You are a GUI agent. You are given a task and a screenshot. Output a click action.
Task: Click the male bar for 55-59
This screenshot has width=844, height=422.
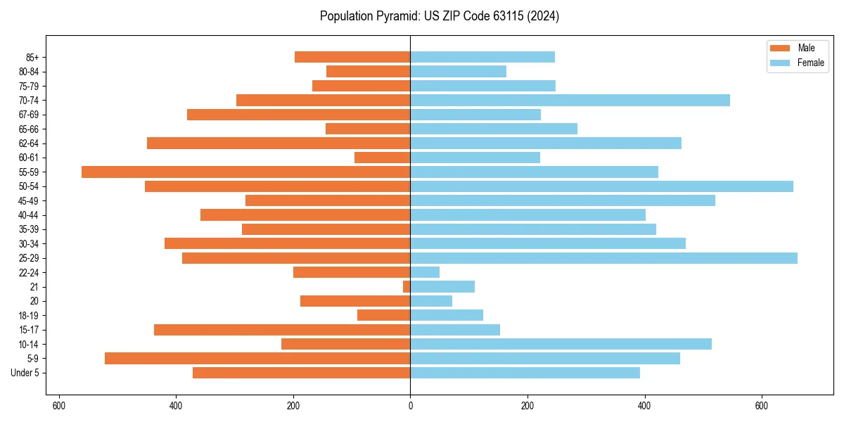tap(246, 172)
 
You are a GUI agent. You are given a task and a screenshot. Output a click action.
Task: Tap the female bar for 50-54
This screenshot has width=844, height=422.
tap(601, 186)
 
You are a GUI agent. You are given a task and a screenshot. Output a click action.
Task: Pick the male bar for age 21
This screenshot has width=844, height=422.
tap(407, 287)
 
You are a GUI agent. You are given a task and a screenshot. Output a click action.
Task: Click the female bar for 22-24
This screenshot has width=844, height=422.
tap(425, 272)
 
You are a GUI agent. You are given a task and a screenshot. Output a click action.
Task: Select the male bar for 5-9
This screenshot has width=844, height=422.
tap(257, 359)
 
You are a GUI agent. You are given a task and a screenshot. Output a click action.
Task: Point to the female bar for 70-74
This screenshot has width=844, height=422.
tap(570, 100)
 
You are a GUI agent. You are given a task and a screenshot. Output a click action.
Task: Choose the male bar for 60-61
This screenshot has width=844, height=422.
tap(382, 158)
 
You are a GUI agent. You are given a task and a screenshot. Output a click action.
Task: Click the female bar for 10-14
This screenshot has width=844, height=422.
tap(561, 344)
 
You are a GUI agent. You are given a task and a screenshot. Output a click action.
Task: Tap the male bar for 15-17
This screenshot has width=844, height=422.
tap(282, 330)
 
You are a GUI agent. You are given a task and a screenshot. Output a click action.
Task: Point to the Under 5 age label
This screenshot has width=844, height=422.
tap(25, 373)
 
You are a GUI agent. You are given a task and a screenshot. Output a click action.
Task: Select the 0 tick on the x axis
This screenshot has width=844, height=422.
tap(410, 406)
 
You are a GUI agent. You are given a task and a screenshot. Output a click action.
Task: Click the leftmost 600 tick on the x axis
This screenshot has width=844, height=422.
tap(59, 406)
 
